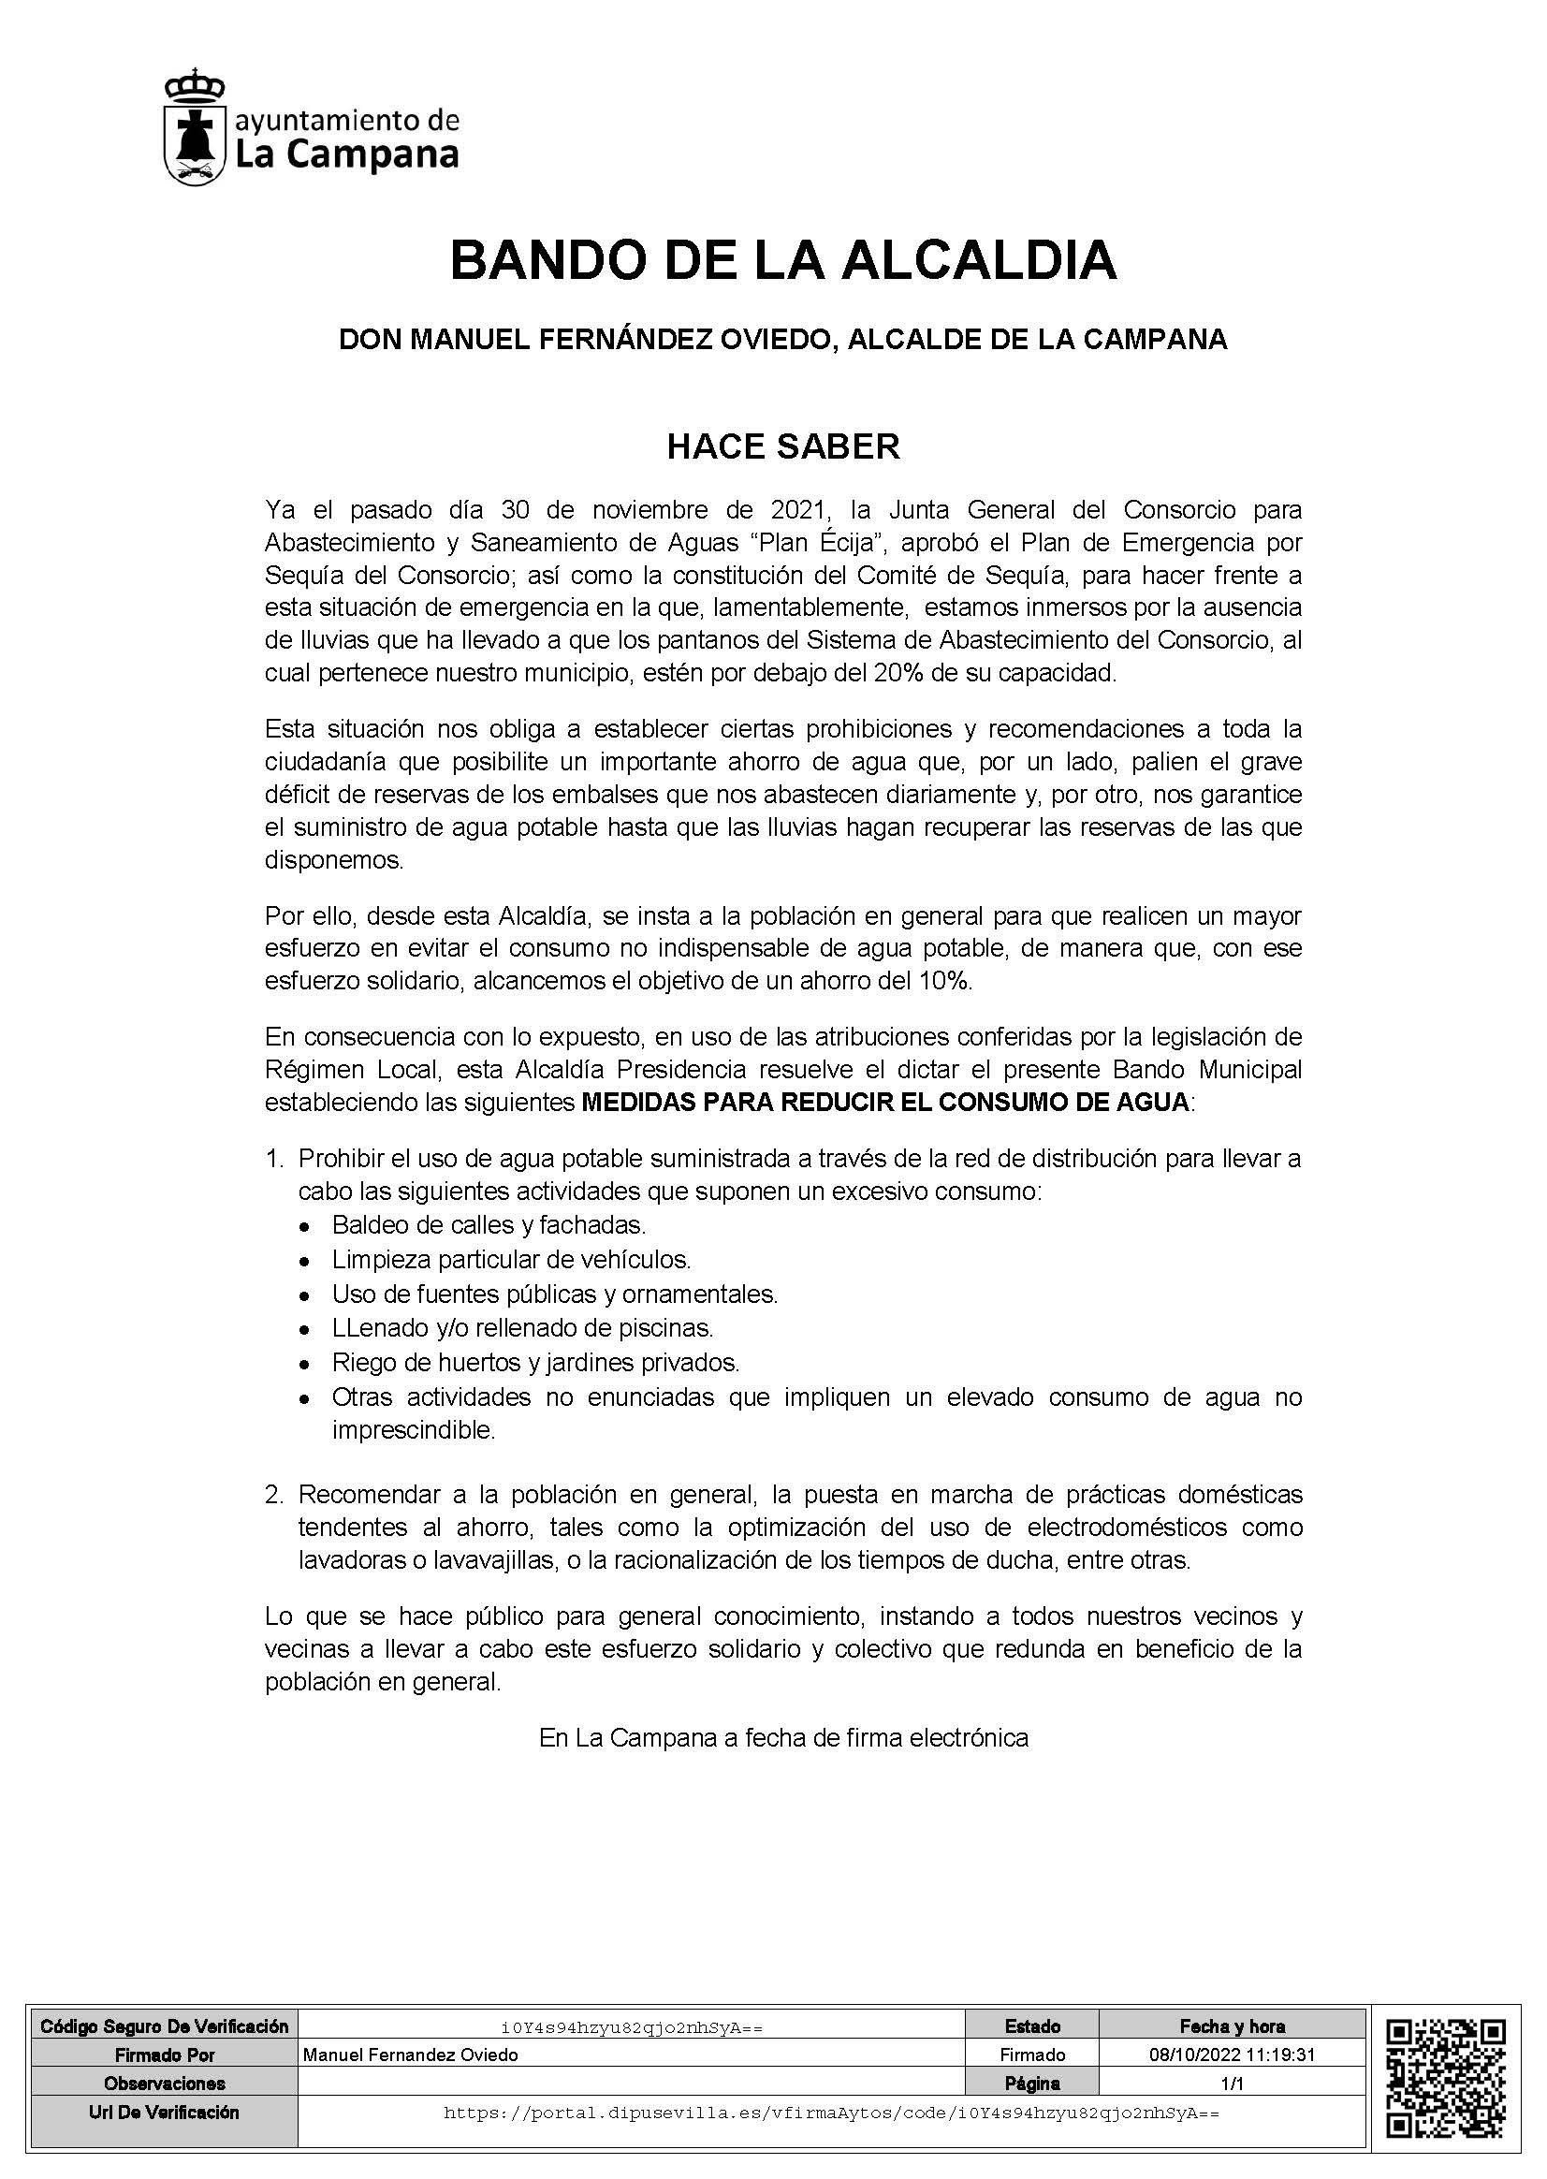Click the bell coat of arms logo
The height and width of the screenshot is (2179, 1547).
[195, 127]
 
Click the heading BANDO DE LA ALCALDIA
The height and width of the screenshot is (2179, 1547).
[782, 260]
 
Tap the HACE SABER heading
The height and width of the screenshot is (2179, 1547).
[782, 446]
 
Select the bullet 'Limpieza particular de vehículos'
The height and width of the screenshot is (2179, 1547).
[511, 1260]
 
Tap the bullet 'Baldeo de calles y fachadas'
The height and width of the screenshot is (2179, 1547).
[489, 1224]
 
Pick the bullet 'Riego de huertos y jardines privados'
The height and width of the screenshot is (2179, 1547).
[535, 1363]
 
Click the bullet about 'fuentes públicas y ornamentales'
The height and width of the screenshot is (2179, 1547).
[554, 1294]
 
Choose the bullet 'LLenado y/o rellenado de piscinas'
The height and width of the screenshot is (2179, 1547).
[522, 1328]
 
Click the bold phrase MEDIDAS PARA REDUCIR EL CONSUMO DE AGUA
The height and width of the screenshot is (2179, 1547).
[885, 1102]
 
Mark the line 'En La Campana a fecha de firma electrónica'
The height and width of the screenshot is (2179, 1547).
[783, 1738]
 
